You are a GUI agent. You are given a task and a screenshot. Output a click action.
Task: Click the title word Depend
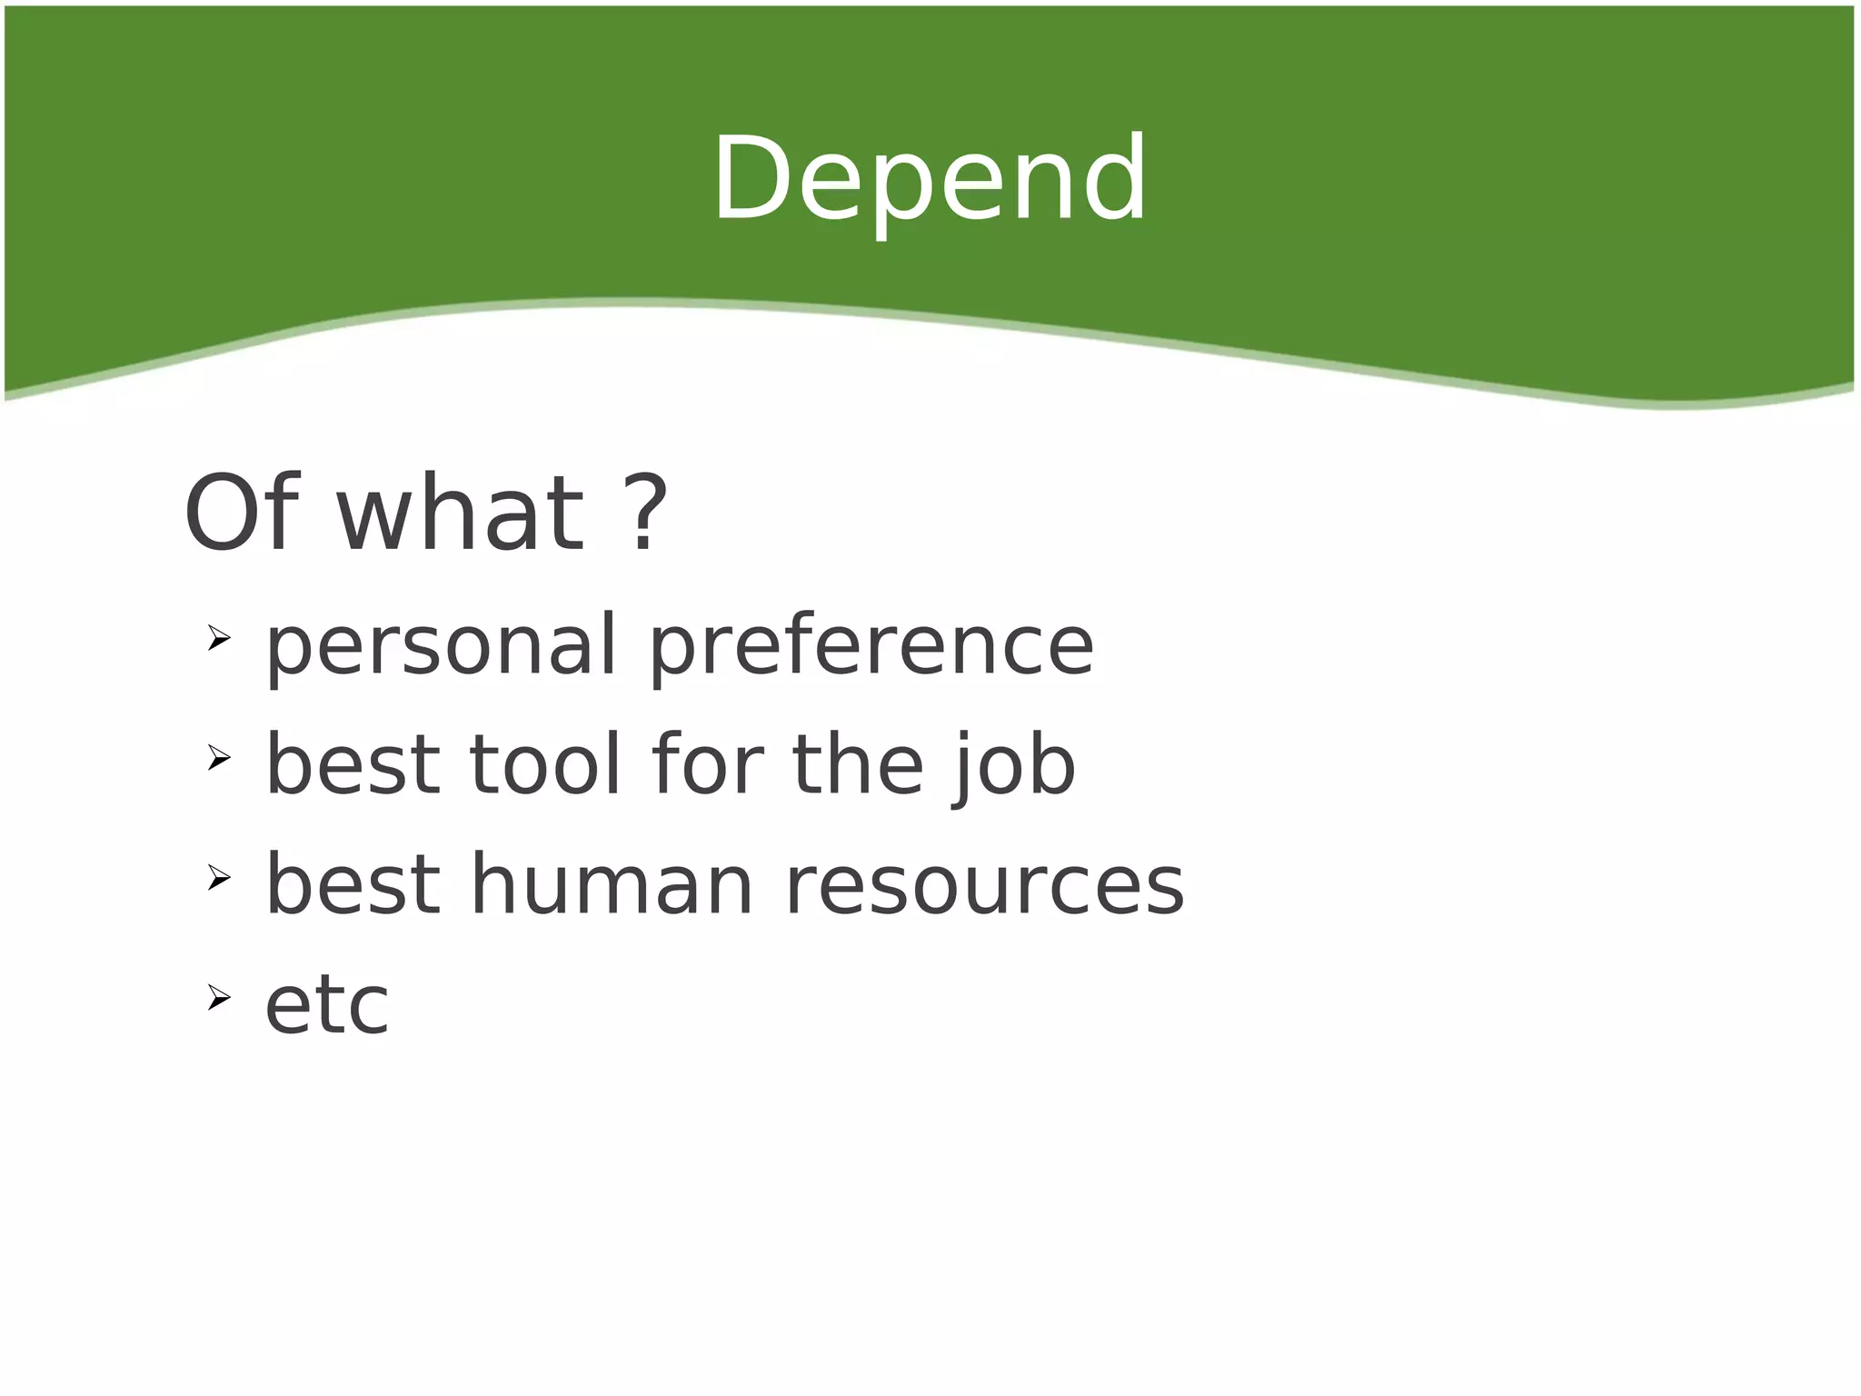930,179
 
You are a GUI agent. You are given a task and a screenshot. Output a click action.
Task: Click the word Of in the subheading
242,514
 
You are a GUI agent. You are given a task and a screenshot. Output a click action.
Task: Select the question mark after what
648,514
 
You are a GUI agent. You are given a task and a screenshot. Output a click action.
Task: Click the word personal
442,647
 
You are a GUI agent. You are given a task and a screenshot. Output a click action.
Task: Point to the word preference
871,647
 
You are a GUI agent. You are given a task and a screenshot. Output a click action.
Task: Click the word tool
545,765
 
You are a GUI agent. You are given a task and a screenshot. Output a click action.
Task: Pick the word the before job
858,765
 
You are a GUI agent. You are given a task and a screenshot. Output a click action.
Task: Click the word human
612,885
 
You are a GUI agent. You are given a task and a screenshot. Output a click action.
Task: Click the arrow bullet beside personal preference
218,638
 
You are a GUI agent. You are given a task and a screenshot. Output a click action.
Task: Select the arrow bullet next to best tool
218,757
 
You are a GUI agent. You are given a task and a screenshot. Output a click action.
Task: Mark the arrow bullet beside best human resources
218,878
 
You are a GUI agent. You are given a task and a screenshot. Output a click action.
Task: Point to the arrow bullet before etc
218,998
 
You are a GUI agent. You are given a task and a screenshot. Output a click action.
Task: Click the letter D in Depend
750,179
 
